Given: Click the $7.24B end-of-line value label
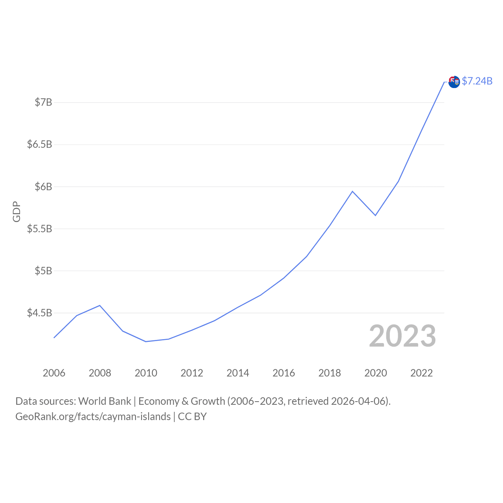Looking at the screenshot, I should (477, 81).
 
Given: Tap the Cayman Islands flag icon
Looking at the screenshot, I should (454, 82).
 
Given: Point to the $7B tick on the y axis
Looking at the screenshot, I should (43, 103).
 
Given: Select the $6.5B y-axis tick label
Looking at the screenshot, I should (39, 145).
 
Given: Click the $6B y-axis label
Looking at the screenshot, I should (43, 187).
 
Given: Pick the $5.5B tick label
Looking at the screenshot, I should (39, 229).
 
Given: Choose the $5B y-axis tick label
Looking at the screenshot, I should (43, 271).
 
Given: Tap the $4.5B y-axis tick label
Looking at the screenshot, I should (39, 313).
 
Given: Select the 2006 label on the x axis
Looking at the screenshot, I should (54, 373).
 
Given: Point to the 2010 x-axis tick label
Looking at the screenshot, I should (146, 373).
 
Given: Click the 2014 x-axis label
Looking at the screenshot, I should (238, 373).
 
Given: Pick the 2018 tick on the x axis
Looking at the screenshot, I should (330, 373).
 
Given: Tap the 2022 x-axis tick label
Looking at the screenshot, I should (422, 373).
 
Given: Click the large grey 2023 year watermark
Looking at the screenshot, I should (402, 336).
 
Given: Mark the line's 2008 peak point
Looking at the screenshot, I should (100, 305).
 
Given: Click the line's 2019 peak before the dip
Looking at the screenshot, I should (352, 191).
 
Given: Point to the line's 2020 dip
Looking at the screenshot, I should (375, 215).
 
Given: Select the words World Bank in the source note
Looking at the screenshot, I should (105, 401).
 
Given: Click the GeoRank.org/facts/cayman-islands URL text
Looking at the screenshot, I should (93, 417).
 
